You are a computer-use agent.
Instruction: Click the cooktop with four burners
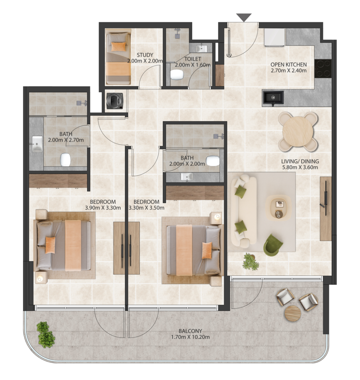click(x=323, y=69)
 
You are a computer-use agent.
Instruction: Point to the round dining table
click(x=297, y=132)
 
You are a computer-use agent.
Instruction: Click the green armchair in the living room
click(x=273, y=245)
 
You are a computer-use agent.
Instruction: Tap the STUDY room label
click(x=145, y=55)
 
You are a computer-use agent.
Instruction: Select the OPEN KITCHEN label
click(x=288, y=65)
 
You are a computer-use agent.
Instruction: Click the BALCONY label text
click(x=190, y=331)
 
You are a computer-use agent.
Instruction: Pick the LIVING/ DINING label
click(x=300, y=161)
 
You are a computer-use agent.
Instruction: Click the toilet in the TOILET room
click(x=176, y=75)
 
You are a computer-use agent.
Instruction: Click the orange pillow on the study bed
click(x=118, y=46)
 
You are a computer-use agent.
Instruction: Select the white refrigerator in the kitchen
click(x=275, y=37)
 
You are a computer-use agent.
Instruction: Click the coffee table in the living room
click(x=278, y=208)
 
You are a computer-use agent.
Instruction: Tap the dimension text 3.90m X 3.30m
click(x=103, y=208)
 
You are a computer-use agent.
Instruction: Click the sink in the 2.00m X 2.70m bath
click(x=37, y=144)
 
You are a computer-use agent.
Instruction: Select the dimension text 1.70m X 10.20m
click(x=190, y=337)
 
